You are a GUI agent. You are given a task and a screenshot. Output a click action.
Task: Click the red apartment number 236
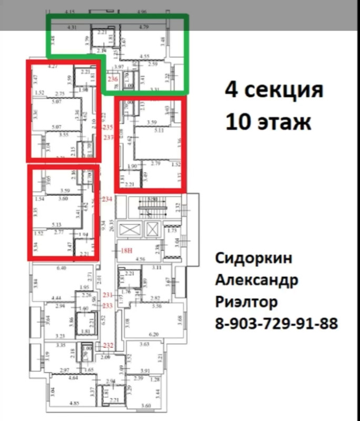point(112,79)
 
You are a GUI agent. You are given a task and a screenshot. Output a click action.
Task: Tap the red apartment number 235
point(108,128)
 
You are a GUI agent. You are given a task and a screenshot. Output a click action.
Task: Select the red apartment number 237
point(108,137)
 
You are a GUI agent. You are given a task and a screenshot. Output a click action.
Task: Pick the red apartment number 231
point(108,295)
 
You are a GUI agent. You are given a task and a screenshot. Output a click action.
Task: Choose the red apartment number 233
point(108,305)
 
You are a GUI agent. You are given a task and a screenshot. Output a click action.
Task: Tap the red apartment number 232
point(108,345)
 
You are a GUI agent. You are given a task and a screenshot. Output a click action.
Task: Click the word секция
point(287,91)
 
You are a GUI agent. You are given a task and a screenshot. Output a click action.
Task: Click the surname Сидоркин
point(253,259)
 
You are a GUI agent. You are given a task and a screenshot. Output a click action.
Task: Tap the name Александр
point(257,280)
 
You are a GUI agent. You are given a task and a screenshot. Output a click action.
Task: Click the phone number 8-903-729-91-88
point(276,323)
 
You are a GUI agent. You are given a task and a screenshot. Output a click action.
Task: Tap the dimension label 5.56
point(156,305)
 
